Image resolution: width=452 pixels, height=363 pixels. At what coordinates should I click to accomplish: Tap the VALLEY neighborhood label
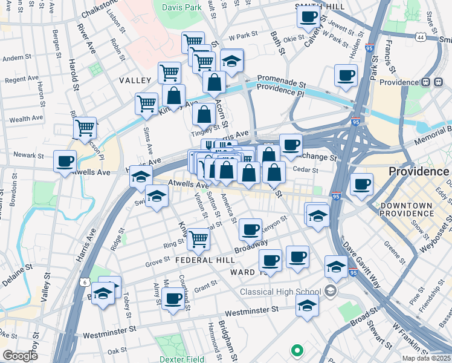[x=135, y=80]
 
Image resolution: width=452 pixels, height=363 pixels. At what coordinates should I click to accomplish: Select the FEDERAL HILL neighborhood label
[x=204, y=260]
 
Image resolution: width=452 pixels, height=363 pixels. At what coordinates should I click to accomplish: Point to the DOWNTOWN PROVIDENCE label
[x=407, y=210]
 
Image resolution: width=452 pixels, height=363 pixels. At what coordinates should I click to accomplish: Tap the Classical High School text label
[x=280, y=292]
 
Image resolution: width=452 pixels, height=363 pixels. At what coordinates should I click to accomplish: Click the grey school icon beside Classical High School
[x=330, y=292]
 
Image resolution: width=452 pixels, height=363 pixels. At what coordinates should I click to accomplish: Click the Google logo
[x=20, y=356]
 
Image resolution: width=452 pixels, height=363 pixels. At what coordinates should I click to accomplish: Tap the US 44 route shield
[x=420, y=38]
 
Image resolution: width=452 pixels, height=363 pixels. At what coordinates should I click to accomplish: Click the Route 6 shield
[x=85, y=283]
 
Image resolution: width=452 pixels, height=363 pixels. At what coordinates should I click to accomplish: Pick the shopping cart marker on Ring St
[x=198, y=238]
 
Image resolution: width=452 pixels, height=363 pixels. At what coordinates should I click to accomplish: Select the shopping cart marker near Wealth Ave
[x=85, y=128]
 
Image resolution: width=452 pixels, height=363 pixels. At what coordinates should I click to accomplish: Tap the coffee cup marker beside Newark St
[x=65, y=161]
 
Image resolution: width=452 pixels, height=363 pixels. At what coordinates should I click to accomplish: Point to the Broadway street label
[x=251, y=246]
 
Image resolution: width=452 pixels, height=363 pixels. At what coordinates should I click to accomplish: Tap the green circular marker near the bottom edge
[x=296, y=350]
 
